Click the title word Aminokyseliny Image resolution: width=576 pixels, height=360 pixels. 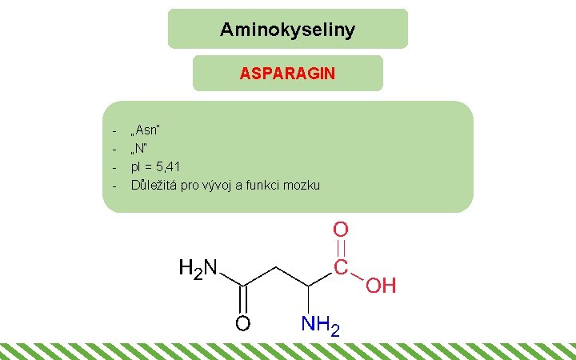click(x=287, y=30)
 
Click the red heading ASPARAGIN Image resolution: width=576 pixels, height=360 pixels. click(x=287, y=74)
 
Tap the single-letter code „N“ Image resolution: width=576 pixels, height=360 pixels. click(x=141, y=148)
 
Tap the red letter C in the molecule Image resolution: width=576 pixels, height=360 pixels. click(x=341, y=266)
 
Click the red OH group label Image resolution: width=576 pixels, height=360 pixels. click(x=382, y=286)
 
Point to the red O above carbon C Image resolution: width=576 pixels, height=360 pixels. click(x=341, y=230)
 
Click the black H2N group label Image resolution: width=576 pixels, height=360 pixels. click(x=198, y=269)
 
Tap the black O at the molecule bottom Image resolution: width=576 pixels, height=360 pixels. click(x=242, y=324)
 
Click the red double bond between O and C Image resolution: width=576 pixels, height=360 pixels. click(x=341, y=248)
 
